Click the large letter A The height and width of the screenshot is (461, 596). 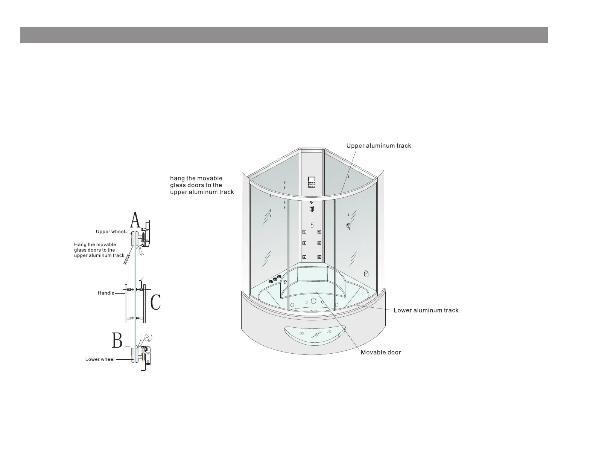(135, 220)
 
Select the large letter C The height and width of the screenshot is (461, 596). (156, 302)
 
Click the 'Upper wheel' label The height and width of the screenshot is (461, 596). (110, 232)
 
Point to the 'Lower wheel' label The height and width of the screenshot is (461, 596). (100, 359)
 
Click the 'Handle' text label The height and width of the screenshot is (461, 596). (106, 293)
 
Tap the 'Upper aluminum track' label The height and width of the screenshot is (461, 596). (379, 146)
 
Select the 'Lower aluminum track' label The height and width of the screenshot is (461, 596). (426, 310)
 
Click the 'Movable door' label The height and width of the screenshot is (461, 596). (380, 353)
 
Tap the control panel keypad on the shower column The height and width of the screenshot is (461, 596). (311, 182)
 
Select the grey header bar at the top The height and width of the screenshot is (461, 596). (284, 35)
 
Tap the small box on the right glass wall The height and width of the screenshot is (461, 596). (366, 274)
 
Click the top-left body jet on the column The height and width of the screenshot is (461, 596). (304, 232)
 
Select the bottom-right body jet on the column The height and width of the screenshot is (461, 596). (319, 257)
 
